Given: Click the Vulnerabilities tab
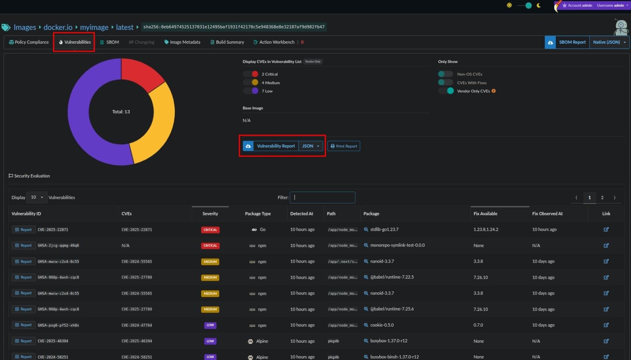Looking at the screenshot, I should [x=75, y=42].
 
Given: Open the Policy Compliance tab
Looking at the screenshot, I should [x=29, y=42].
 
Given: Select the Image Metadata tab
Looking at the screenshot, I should [x=182, y=42].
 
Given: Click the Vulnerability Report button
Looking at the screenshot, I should [x=276, y=146].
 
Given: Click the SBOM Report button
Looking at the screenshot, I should [x=572, y=42].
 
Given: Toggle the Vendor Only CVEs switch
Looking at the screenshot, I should [x=446, y=91].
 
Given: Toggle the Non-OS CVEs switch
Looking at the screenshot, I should [x=446, y=74].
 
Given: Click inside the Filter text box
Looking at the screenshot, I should [x=322, y=198].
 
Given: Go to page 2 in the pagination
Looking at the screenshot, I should [x=602, y=198].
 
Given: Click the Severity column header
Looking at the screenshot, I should [x=210, y=214].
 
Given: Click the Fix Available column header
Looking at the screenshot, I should [x=485, y=214].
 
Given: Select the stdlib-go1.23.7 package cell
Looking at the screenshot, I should [x=384, y=229].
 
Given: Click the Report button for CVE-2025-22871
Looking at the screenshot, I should [x=23, y=230].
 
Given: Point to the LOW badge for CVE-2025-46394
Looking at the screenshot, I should [x=210, y=341].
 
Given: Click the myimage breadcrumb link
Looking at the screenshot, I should [x=94, y=27].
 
